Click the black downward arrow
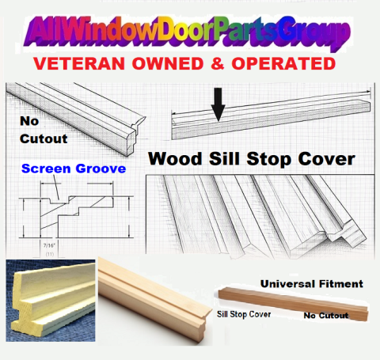218,104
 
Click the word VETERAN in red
79,63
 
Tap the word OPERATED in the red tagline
283,63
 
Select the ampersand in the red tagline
218,63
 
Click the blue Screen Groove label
74,169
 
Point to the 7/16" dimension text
49,245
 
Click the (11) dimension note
50,254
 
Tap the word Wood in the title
175,159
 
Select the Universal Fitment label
312,284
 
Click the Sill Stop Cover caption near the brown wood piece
244,314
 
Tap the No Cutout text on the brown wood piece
326,316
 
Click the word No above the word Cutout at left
29,121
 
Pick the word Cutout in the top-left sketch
44,139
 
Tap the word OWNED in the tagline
168,63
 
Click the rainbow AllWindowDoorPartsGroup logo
188,32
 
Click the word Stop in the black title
267,160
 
